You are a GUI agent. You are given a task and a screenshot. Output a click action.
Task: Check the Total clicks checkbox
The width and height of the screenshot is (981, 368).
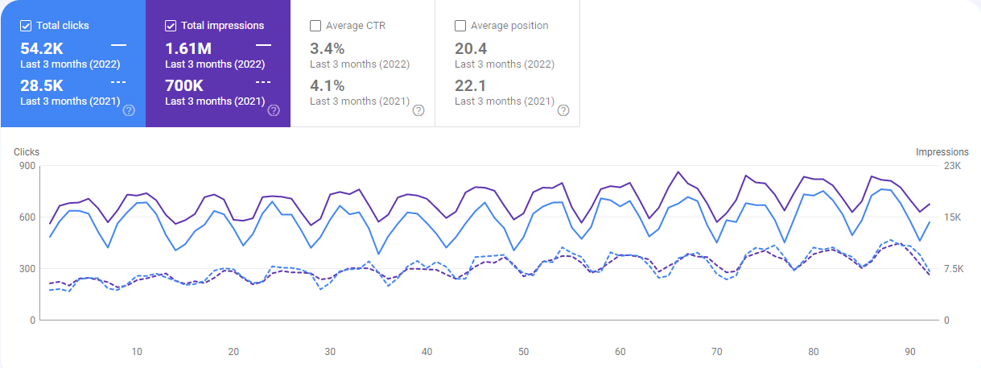[x=26, y=26]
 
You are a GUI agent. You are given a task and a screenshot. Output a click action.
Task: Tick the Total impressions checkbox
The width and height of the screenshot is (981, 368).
[x=171, y=26]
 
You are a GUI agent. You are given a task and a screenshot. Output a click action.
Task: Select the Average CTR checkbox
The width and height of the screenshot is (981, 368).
[x=315, y=26]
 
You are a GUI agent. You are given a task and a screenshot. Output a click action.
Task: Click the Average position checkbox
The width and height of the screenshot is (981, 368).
[x=460, y=26]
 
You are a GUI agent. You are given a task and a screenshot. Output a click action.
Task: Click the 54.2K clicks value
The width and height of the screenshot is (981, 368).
[x=41, y=49]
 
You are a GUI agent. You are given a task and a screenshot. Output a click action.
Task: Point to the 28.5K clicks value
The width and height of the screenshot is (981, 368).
[x=41, y=86]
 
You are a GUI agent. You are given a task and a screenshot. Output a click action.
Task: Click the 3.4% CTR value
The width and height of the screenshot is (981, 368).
[x=328, y=49]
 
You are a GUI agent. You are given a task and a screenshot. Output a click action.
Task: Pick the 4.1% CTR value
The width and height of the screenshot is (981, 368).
[x=328, y=86]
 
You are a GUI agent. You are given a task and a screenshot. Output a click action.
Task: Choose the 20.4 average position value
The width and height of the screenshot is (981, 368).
[x=470, y=49]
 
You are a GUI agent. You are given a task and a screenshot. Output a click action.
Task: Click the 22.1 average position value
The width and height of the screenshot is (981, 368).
[x=470, y=86]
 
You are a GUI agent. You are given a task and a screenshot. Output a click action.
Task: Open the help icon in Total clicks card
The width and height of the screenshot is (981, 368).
[x=129, y=110]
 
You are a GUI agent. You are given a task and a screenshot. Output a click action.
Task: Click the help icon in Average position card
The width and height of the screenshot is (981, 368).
[x=563, y=110]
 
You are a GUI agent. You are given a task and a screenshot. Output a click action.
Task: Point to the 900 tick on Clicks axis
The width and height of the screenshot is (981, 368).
[x=28, y=166]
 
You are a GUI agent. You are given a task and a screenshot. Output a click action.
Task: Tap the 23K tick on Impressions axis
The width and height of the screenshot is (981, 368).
[x=953, y=166]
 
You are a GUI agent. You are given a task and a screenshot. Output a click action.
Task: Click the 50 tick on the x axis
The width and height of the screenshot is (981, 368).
[x=523, y=352]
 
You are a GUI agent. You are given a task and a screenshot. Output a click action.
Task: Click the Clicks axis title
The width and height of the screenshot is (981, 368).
[x=27, y=151]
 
